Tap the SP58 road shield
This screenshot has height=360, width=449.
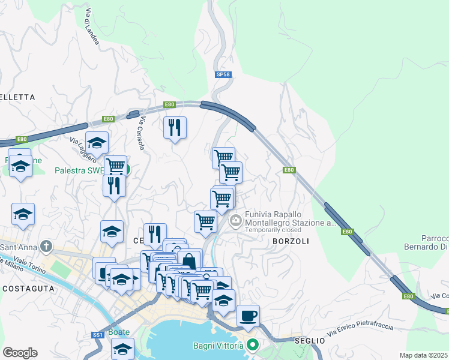click(x=223, y=74)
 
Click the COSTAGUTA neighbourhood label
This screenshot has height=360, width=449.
click(x=28, y=289)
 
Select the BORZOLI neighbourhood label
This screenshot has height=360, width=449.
click(x=291, y=241)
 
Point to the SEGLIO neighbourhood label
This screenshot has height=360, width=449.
click(x=309, y=341)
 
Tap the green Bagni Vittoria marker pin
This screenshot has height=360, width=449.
click(x=253, y=345)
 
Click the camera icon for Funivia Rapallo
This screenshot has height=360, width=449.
click(x=235, y=220)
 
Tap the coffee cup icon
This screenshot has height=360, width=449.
click(x=248, y=315)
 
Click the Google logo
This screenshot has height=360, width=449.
click(x=20, y=352)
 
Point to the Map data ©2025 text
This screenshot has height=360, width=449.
click(x=424, y=355)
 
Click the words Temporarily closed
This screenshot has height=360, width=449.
click(x=273, y=230)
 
